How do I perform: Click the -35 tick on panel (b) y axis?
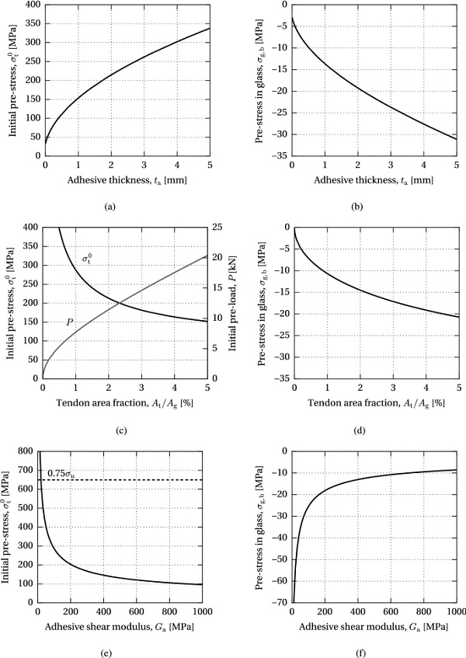point(277,155)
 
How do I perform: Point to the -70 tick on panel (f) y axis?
point(277,602)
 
